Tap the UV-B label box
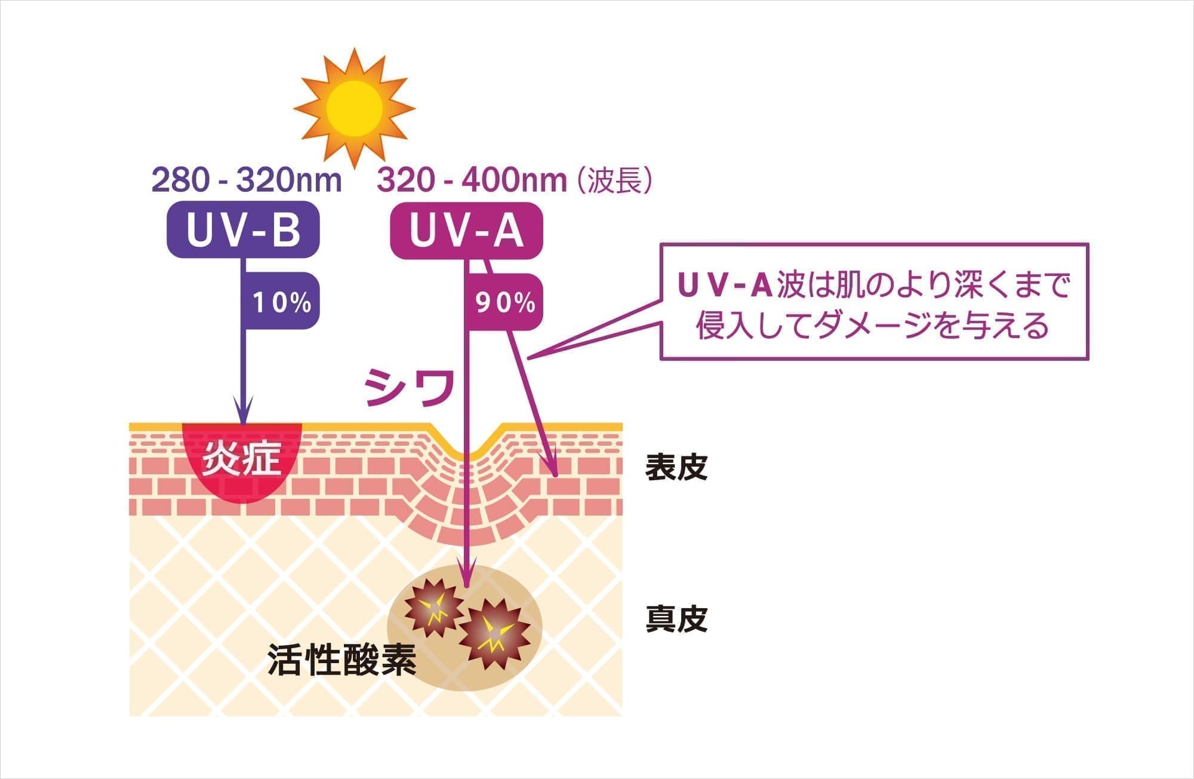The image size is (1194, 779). [x=243, y=231]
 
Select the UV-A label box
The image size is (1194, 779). [x=466, y=231]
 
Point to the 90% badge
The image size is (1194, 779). [x=505, y=302]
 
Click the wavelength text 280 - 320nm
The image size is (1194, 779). [x=247, y=180]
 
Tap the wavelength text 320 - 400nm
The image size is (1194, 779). [x=472, y=180]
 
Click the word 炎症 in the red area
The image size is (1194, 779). [x=241, y=459]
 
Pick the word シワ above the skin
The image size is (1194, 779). [x=410, y=388]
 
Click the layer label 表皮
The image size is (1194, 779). [x=676, y=467]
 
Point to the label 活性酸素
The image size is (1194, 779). [x=342, y=659]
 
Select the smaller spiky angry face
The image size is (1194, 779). [x=433, y=608]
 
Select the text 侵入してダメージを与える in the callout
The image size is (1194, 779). [x=872, y=326]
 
